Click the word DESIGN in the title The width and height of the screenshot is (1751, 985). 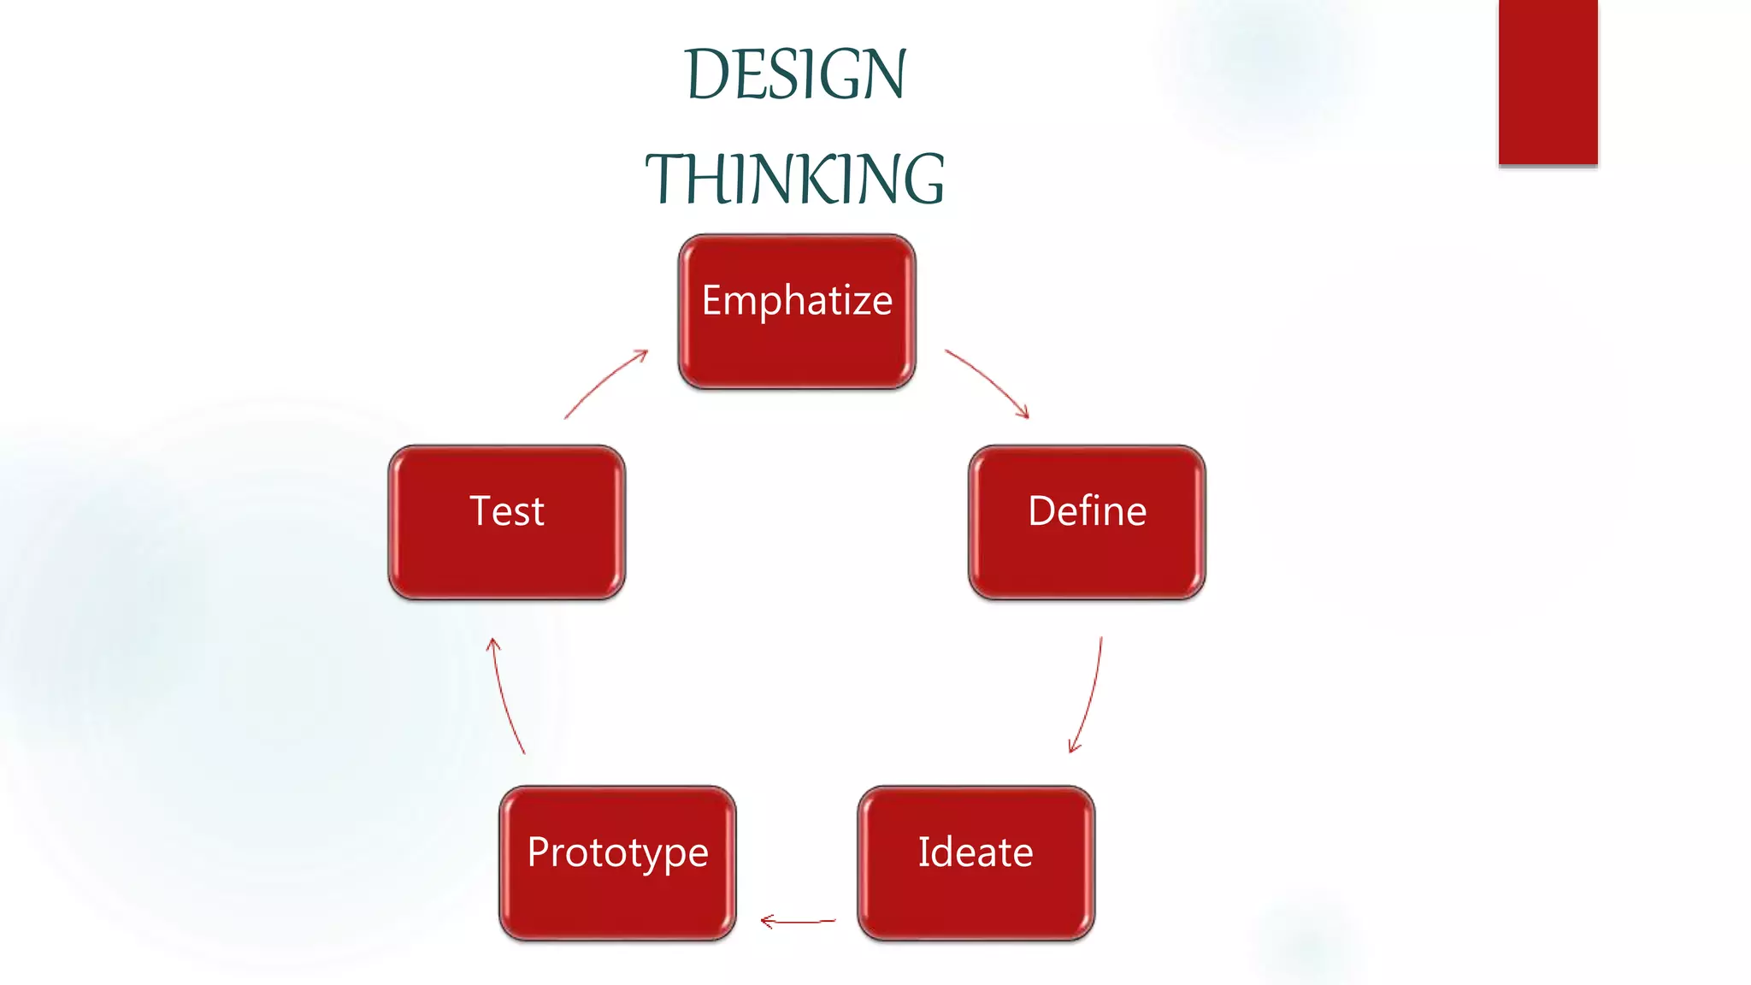tap(795, 75)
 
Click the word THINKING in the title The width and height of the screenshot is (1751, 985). tap(795, 180)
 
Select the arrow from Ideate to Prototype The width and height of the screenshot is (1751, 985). tap(798, 921)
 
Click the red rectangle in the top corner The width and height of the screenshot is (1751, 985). tap(1548, 81)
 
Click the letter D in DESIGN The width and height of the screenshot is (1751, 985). tap(707, 75)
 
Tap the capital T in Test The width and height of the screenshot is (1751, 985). tap(480, 511)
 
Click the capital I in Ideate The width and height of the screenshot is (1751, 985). tap(924, 852)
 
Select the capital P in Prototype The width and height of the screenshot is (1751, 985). tap(539, 852)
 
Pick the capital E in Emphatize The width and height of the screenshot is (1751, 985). tap(712, 300)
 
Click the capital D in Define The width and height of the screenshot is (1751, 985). tap(1042, 511)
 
